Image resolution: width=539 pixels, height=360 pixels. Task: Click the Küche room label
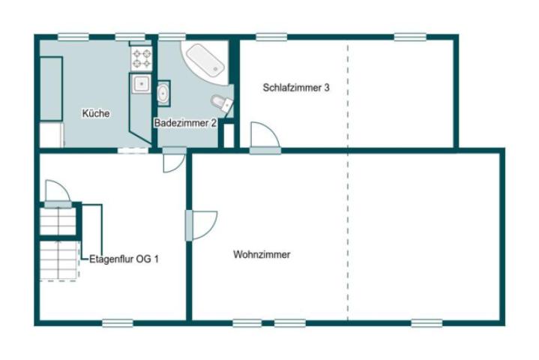click(96, 113)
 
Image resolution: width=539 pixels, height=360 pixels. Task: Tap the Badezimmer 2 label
click(185, 123)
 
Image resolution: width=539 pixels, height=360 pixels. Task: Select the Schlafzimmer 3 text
click(296, 87)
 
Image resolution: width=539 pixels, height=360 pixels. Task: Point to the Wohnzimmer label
click(262, 254)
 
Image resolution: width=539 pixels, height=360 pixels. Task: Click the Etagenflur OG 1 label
click(124, 259)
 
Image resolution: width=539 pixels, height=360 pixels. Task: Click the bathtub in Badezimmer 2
click(205, 61)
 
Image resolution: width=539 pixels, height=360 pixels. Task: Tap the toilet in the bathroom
click(222, 103)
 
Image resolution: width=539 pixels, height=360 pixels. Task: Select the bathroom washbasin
click(163, 93)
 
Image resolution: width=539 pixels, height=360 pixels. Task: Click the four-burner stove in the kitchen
click(142, 58)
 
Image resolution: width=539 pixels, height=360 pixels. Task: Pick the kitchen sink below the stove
click(141, 83)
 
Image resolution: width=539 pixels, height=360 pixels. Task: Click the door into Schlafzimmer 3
click(265, 136)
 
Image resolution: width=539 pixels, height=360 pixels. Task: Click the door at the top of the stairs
click(58, 193)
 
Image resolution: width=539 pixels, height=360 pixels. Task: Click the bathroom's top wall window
click(172, 37)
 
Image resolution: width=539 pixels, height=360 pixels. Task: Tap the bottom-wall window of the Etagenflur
click(118, 323)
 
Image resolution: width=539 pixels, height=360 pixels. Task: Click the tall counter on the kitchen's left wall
click(51, 88)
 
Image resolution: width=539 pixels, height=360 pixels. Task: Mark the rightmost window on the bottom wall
click(427, 323)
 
